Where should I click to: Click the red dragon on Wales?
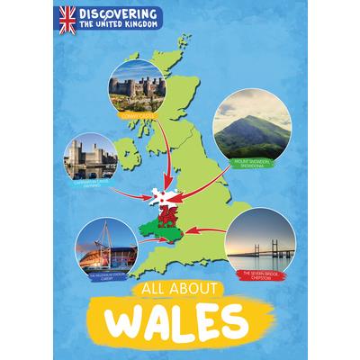tap(167, 215)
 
